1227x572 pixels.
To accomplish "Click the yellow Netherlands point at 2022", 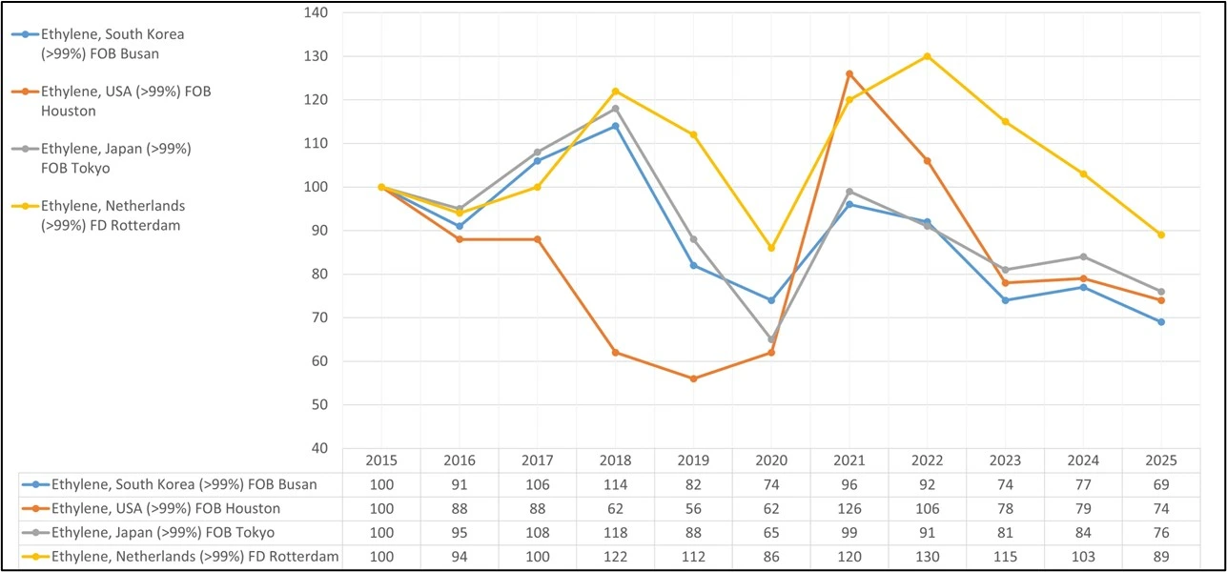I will [927, 56].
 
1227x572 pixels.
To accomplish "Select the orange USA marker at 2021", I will [849, 73].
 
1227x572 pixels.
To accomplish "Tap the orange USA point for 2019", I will [693, 378].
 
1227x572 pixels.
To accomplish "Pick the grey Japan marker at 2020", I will [771, 339].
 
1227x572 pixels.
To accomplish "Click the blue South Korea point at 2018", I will [615, 126].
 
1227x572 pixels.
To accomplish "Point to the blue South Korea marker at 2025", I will [1160, 322].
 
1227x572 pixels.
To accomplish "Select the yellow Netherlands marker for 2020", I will [771, 248].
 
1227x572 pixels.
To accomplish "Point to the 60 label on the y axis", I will [318, 361].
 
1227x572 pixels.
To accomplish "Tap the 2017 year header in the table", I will [537, 460].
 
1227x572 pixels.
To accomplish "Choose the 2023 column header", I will [1005, 460].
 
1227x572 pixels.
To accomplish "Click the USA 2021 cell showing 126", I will [849, 508].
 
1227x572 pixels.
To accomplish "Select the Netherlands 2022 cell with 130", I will [927, 557].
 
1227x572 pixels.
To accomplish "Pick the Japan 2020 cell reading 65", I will [771, 533].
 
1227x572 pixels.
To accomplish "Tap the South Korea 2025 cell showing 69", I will [1160, 484].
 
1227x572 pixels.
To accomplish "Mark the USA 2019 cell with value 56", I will [693, 508].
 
